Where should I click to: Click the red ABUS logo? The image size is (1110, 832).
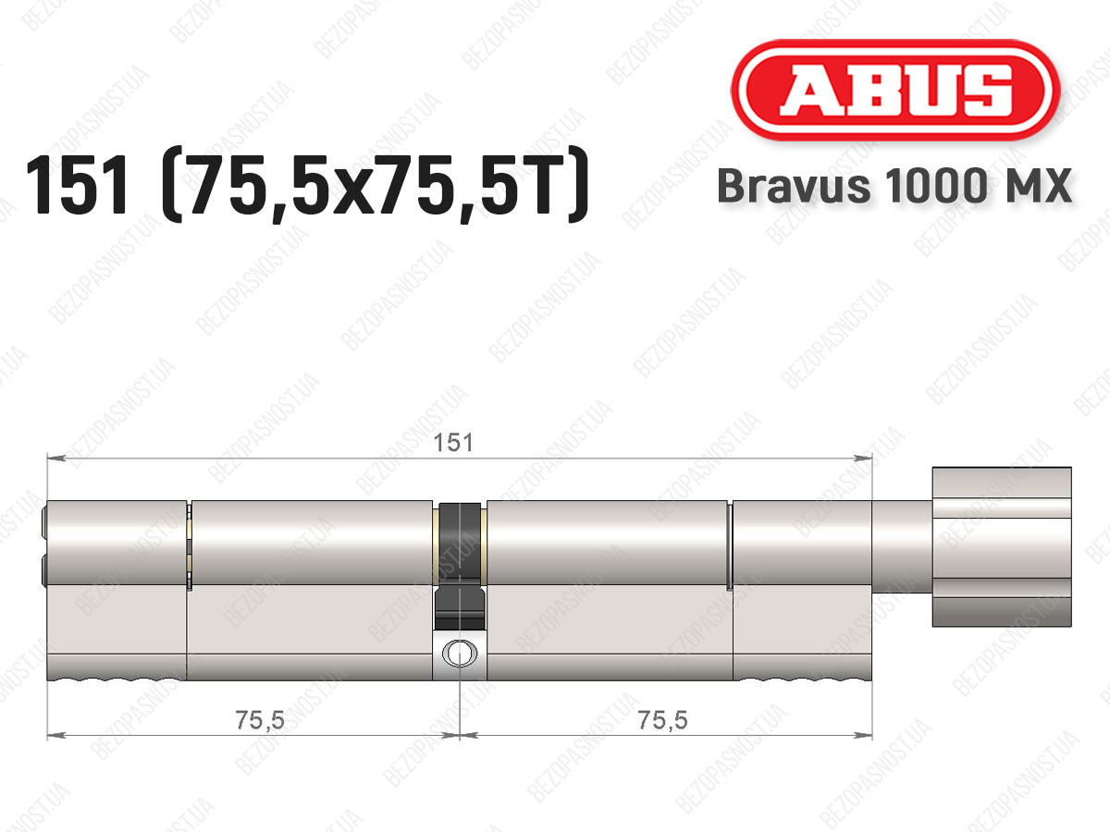coord(895,91)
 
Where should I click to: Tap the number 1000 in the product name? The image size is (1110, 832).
coord(936,186)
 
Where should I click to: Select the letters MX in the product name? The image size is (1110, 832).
coord(1036,186)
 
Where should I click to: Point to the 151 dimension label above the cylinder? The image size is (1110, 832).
coord(453,443)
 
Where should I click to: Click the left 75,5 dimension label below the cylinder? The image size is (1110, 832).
coord(259,720)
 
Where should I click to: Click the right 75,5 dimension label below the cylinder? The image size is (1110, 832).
coord(662,720)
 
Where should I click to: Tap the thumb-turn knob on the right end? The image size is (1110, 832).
coord(1001,546)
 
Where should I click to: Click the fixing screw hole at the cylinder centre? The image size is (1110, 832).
coord(459,654)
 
